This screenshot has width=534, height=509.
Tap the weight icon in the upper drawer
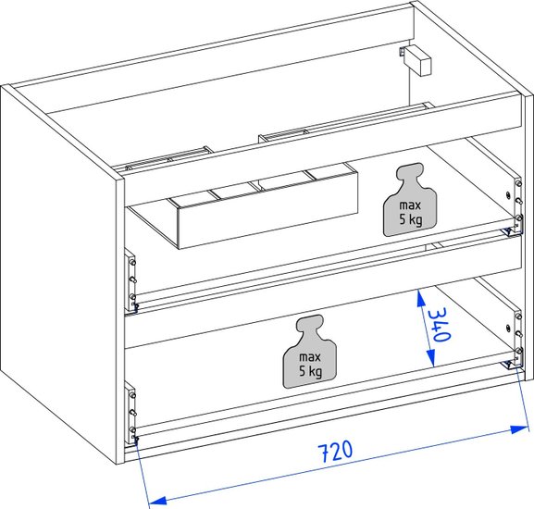point(410,200)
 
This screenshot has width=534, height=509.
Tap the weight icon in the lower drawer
point(309,352)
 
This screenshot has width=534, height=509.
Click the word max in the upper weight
point(410,205)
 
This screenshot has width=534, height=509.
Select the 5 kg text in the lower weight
point(310,371)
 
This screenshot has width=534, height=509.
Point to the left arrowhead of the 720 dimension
point(158,500)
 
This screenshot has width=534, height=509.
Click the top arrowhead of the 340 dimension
point(421,297)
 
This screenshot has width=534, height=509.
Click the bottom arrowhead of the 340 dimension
point(431,359)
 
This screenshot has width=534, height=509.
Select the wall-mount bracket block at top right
point(416,60)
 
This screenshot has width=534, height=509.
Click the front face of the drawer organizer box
point(268,210)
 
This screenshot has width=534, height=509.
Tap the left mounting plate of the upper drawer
point(130,280)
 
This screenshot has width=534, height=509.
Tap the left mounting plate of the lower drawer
point(130,414)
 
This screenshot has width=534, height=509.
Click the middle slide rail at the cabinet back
point(283,135)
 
